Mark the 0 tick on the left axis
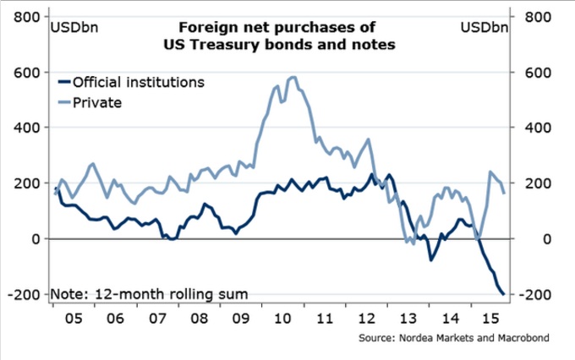(x=34, y=239)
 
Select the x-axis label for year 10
(x=283, y=322)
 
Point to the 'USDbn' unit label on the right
(x=485, y=28)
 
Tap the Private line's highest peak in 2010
(x=293, y=78)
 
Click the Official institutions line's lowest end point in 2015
(x=504, y=294)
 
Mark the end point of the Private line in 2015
(x=504, y=193)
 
